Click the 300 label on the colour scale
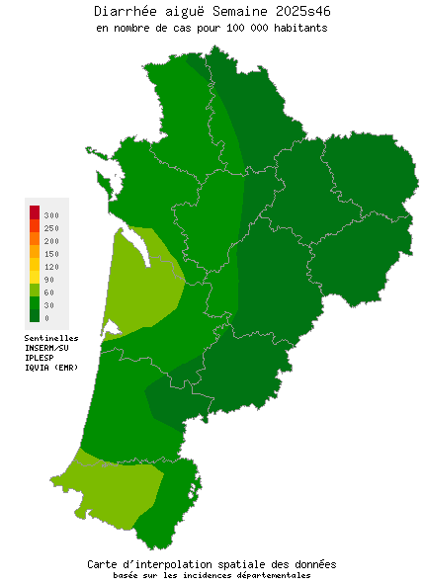click(x=51, y=214)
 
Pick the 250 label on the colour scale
click(x=51, y=227)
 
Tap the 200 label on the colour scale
click(x=51, y=240)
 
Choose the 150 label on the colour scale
click(x=51, y=253)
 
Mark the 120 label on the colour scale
click(x=51, y=266)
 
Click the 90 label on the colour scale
click(x=49, y=279)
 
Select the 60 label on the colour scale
click(x=49, y=292)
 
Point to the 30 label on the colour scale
click(x=49, y=305)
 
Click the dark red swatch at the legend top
click(x=34, y=211)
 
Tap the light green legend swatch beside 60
click(x=34, y=290)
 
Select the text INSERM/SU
click(x=46, y=348)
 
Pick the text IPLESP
click(x=40, y=358)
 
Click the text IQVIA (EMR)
click(x=51, y=368)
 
